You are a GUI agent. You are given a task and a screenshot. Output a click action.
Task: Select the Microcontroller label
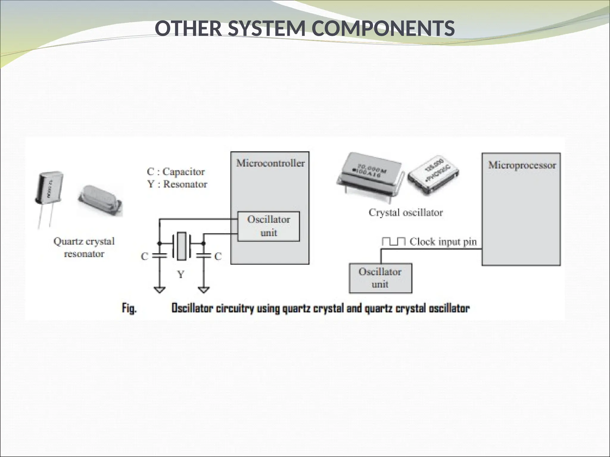270,163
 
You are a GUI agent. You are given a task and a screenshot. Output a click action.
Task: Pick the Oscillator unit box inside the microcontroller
268,226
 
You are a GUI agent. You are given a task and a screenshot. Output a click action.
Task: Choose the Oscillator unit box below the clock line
380,278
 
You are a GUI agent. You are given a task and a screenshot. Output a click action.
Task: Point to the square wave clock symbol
393,242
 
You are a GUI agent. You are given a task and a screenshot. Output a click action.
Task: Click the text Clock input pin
443,242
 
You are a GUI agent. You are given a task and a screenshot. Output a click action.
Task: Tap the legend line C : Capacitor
176,172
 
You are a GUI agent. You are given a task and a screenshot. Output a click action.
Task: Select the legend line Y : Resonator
177,184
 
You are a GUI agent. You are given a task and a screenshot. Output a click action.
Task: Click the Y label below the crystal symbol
181,274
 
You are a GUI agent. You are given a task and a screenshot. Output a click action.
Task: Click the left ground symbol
160,289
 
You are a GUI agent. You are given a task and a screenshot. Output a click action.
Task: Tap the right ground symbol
204,289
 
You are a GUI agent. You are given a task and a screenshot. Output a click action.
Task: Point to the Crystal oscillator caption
406,212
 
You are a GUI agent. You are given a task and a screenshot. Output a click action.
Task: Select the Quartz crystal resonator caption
84,247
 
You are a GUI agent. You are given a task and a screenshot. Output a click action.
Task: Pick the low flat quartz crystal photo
99,200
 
